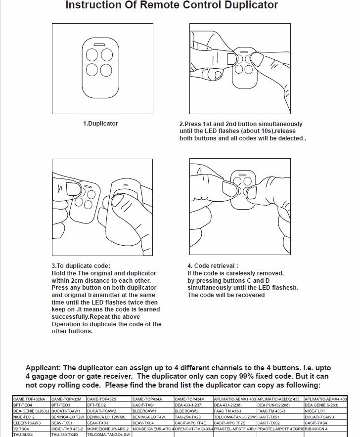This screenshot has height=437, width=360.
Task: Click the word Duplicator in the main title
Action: pos(251,5)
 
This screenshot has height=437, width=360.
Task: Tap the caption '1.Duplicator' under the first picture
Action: pos(100,124)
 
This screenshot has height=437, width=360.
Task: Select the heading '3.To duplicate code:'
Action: pos(81,266)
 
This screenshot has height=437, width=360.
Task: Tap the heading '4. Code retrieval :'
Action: pos(213,266)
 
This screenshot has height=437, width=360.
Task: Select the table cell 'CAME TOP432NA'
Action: pos(29,399)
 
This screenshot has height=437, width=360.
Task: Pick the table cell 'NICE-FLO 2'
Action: pos(24,417)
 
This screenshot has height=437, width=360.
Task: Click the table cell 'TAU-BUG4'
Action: pos(23,435)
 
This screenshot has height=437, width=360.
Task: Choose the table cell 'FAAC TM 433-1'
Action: pos(228,411)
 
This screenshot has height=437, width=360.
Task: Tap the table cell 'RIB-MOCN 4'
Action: pos(316,429)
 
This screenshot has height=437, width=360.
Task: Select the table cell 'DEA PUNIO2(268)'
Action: pos(273,405)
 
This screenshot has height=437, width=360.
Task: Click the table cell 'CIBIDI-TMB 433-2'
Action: pos(67,429)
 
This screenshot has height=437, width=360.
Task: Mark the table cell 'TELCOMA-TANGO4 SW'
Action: pos(108,435)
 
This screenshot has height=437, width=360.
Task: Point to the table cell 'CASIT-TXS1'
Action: pos(144,405)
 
